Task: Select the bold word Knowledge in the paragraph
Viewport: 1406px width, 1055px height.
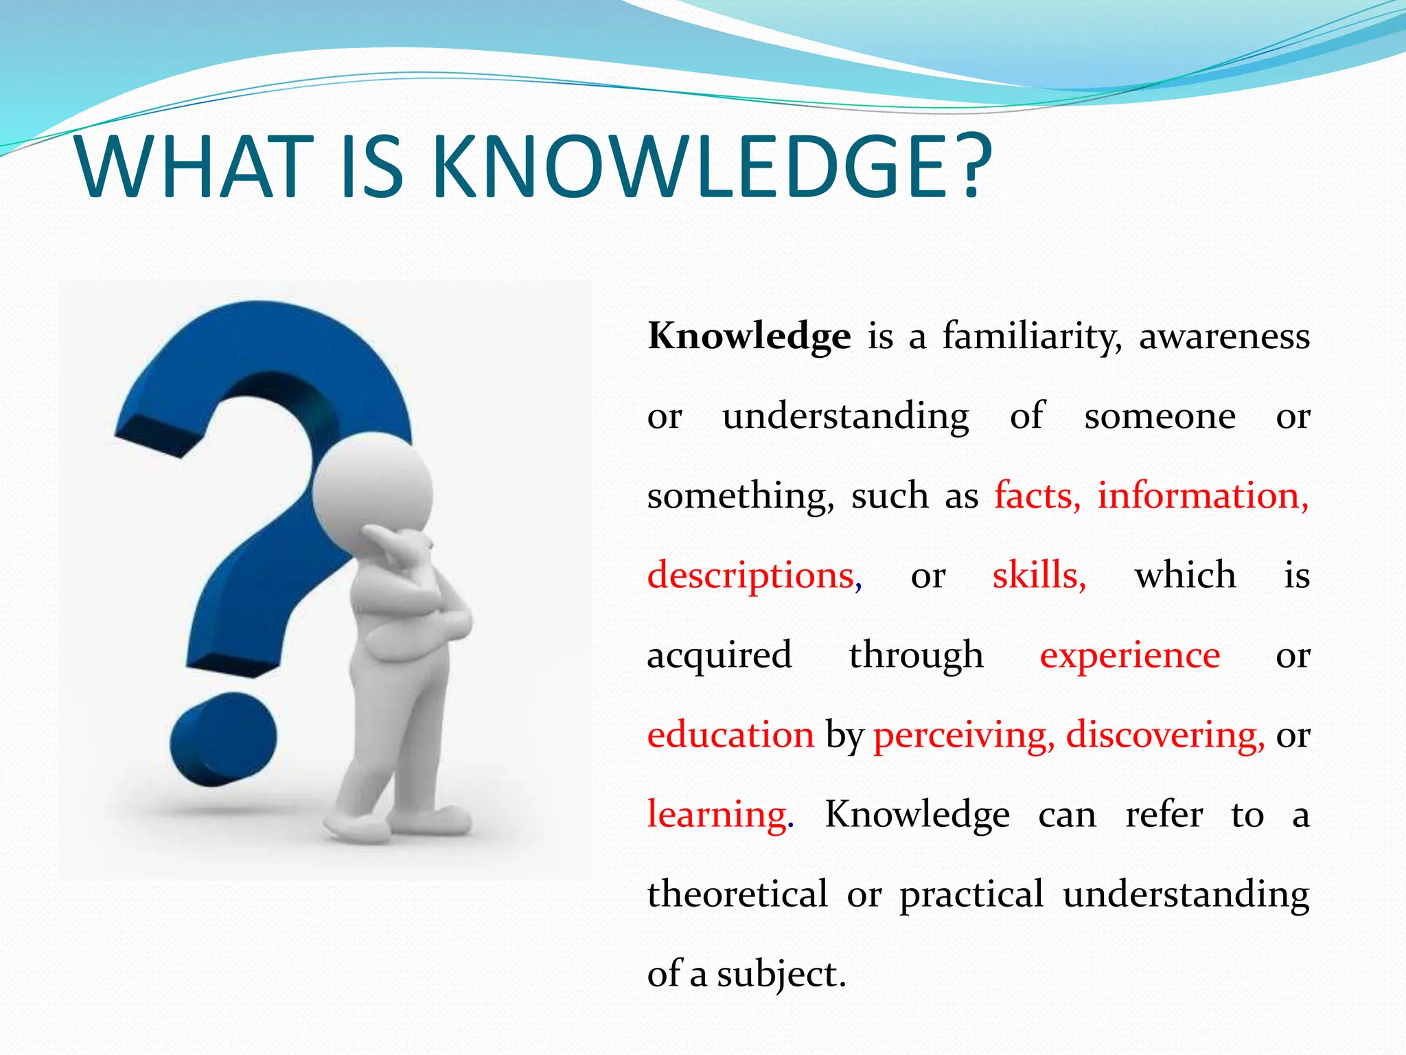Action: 749,337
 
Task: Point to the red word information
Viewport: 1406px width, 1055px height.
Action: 1202,496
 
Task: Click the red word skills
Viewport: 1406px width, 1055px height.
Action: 1038,576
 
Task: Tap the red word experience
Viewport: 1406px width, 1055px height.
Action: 1130,655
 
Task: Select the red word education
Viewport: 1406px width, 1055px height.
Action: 730,735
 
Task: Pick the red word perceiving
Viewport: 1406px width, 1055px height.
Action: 963,735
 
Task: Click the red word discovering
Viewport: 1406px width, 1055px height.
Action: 1164,735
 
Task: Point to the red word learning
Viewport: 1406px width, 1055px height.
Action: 718,815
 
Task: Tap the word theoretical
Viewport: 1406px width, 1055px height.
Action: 737,894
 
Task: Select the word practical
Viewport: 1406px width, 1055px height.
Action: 971,894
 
